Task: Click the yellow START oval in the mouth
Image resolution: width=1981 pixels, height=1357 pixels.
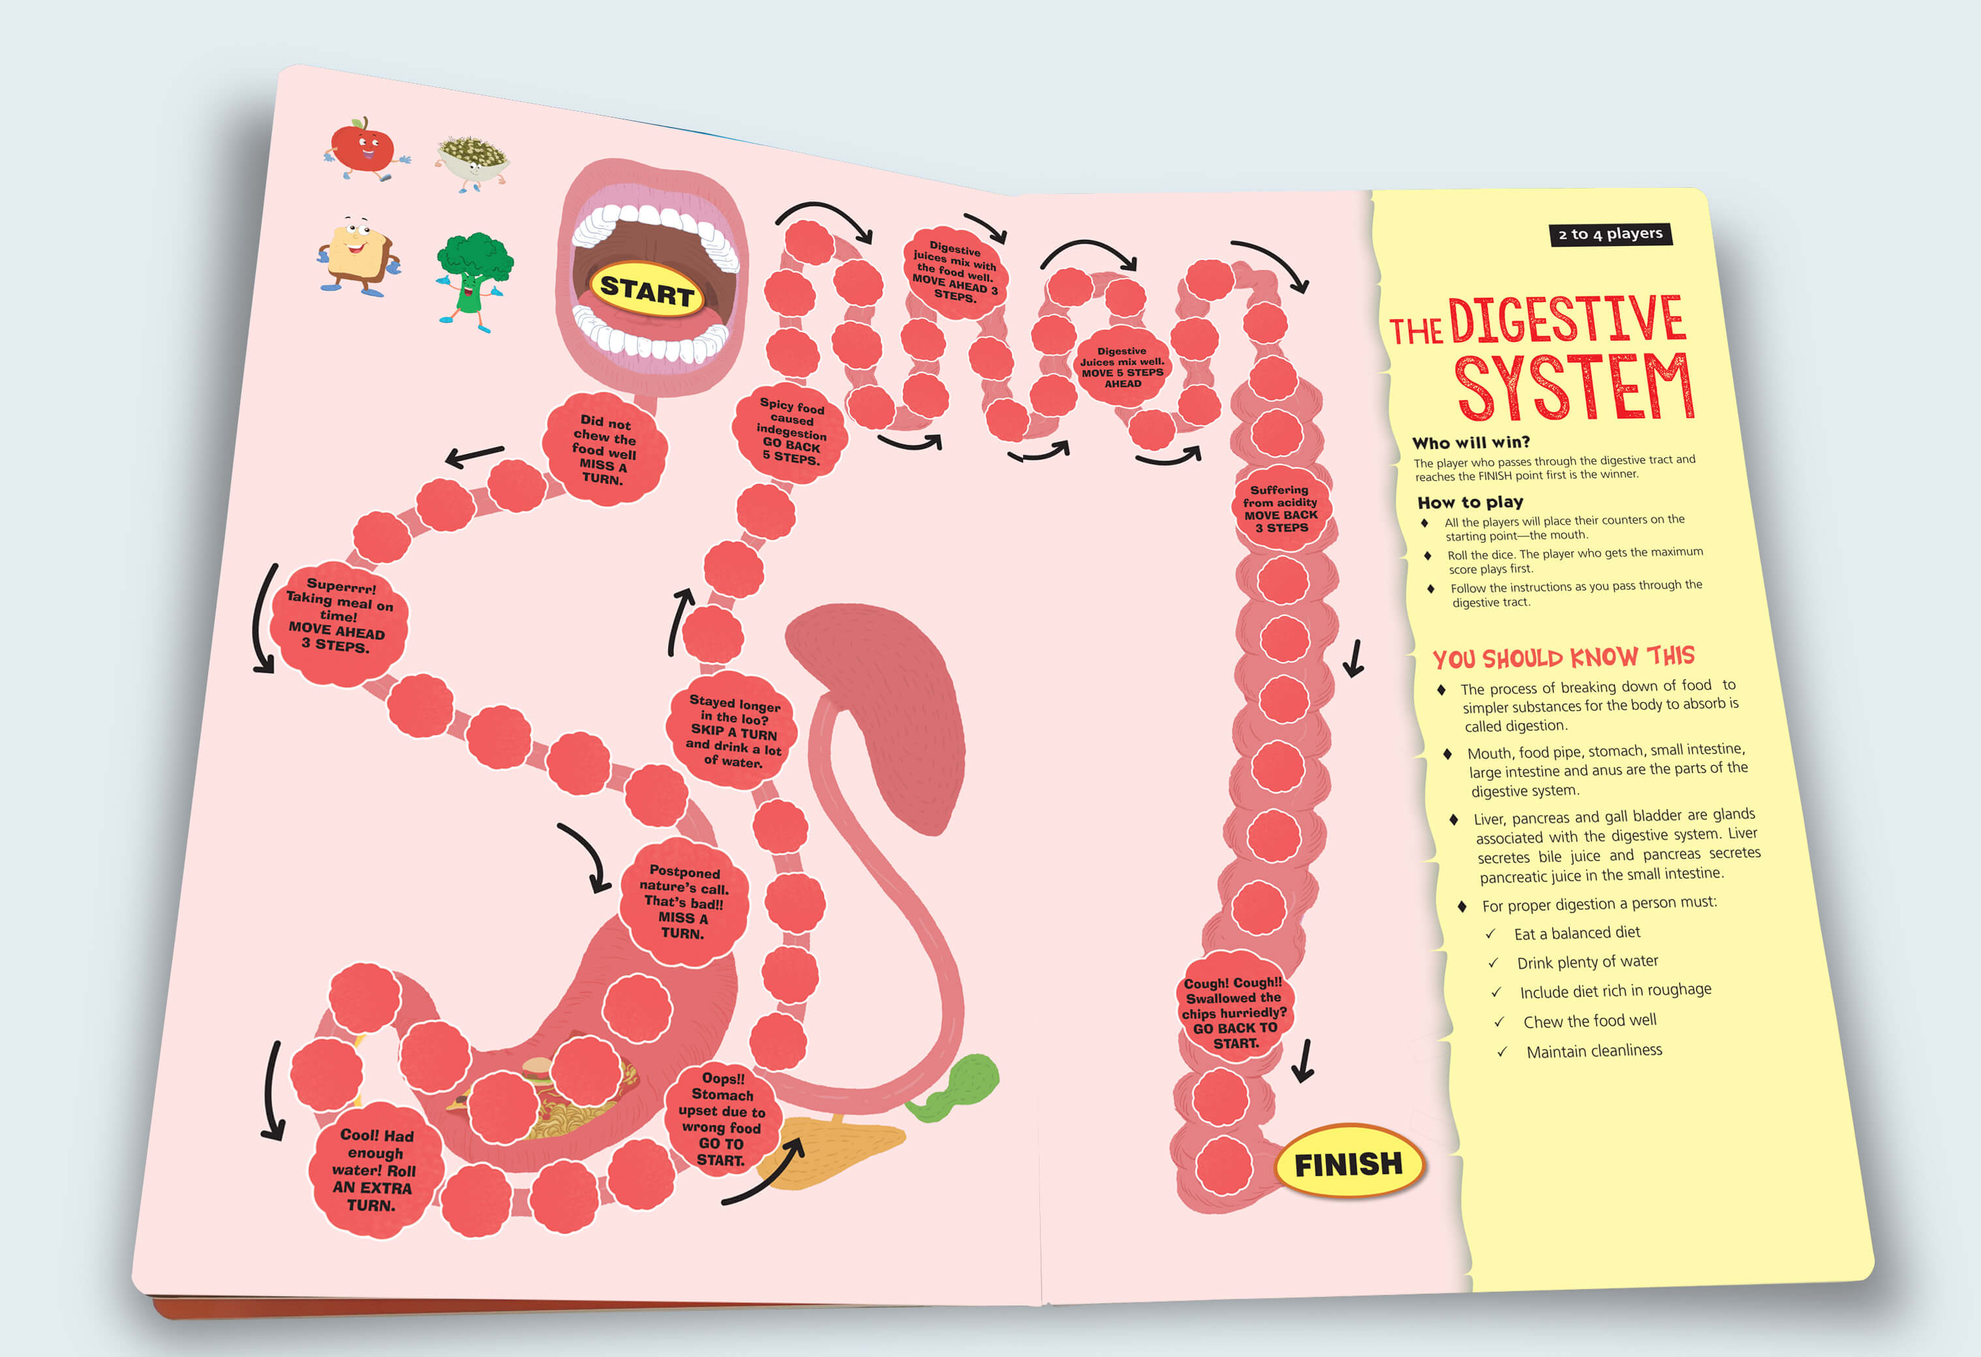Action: point(647,290)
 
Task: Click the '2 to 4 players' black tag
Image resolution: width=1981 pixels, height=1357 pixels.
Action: point(1610,234)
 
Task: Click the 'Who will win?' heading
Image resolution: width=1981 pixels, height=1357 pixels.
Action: point(1470,442)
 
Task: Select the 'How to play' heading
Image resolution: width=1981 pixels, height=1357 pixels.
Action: point(1469,502)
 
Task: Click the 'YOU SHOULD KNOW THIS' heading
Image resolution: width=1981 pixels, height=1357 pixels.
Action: point(1563,657)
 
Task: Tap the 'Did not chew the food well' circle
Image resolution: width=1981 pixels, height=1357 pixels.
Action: point(604,450)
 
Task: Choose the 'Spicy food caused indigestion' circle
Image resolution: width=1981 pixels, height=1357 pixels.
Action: point(790,432)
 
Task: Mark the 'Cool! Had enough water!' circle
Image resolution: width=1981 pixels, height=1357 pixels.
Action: point(373,1168)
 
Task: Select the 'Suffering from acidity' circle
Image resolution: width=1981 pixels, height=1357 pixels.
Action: point(1280,509)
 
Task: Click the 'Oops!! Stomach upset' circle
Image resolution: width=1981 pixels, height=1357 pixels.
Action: point(721,1119)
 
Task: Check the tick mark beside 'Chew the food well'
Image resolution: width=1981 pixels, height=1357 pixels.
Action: point(1499,1021)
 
